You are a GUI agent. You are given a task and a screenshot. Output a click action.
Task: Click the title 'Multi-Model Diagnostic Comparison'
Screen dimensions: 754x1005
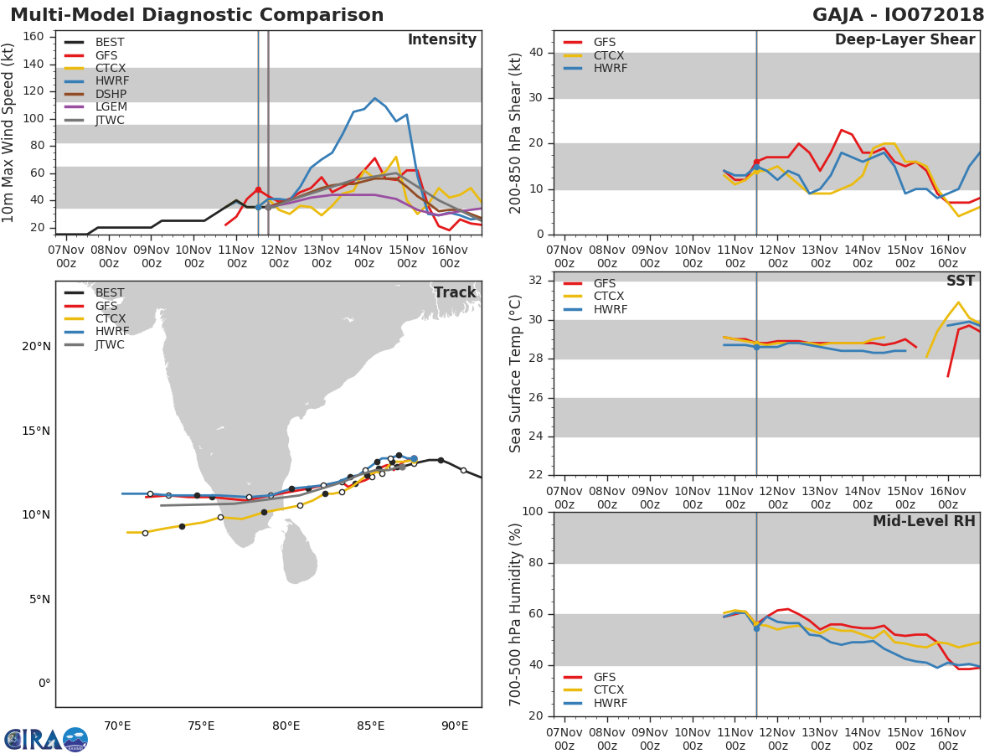197,16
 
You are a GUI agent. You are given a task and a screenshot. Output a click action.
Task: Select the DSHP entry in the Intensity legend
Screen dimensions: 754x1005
110,94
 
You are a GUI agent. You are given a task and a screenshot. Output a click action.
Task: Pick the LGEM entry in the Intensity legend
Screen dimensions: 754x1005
110,107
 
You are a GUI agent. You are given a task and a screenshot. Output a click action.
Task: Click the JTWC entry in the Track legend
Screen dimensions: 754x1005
110,345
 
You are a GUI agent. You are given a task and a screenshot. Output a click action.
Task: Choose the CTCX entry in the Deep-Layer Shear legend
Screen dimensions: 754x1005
609,55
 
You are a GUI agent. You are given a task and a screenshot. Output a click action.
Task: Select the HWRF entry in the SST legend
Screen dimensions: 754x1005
610,310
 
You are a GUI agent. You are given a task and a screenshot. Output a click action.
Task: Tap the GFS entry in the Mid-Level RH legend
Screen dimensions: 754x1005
609,677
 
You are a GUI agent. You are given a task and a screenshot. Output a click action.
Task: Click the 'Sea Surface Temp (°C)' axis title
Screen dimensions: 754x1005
517,373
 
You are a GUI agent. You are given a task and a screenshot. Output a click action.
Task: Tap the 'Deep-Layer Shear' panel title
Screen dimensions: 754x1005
904,40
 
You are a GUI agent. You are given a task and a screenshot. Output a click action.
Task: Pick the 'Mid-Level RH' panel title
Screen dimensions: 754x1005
924,522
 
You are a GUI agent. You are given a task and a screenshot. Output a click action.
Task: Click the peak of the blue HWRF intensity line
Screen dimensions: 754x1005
374,98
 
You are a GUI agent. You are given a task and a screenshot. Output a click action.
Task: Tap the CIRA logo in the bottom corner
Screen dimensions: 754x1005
46,739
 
